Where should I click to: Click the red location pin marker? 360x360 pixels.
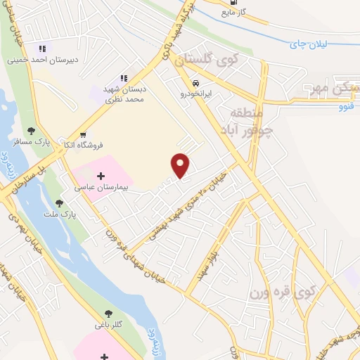[181, 165]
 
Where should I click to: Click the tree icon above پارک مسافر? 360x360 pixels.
[31, 131]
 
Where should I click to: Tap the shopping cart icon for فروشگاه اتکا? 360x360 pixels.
[84, 134]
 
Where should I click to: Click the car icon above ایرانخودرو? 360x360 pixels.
[185, 81]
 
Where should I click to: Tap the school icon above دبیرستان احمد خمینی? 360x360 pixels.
[42, 49]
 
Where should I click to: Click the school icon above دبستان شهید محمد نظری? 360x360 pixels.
[124, 78]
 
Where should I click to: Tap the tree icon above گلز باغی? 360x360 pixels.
[108, 314]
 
